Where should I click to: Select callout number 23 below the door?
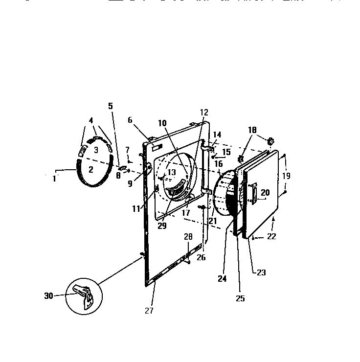click(262, 272)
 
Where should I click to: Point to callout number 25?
click(240, 298)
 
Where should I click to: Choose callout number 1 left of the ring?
click(55, 179)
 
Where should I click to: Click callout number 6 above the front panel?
click(131, 120)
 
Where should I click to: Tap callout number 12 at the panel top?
click(204, 113)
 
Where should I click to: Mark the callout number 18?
click(252, 130)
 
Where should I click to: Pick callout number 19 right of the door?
click(287, 175)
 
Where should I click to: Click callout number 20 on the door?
click(265, 193)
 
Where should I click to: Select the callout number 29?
click(162, 226)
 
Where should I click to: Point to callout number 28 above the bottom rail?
click(189, 237)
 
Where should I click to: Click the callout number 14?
click(217, 135)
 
